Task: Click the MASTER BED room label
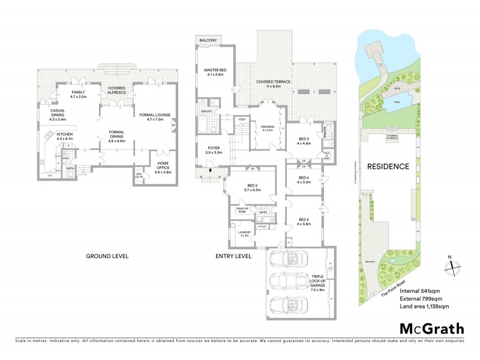coord(213,71)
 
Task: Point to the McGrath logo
coord(431,328)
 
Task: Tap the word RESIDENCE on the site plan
coord(388,166)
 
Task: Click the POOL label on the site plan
coord(397,102)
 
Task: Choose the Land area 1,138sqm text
coord(424,307)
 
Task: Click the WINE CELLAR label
coord(139,176)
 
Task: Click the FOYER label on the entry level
coord(214,150)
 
